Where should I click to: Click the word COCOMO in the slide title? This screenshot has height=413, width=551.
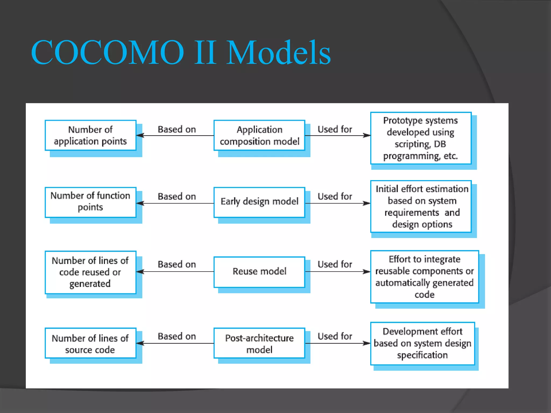[108, 52]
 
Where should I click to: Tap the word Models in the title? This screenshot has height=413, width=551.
[278, 52]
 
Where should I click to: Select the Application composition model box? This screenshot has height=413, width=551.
[259, 136]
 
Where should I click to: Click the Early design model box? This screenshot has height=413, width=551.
[259, 202]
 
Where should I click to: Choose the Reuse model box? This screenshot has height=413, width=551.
[259, 272]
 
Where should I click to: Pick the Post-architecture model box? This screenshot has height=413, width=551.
[259, 343]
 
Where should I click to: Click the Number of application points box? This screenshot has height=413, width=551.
[90, 136]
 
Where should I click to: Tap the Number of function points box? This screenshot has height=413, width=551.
[90, 202]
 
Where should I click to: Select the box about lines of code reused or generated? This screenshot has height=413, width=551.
[90, 272]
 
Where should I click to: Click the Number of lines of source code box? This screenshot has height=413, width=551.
[90, 343]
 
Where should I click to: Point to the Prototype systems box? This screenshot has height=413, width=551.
[421, 138]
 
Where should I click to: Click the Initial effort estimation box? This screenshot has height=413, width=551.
[421, 206]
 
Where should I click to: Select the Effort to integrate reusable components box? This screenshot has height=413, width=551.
[425, 277]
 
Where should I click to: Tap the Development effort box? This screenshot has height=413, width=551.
[422, 343]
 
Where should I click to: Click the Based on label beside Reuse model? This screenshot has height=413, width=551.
[177, 265]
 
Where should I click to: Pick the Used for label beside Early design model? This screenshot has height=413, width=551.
[335, 197]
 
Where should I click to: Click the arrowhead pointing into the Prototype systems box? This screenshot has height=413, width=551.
[367, 136]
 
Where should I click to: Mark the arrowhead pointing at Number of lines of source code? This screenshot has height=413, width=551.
[140, 343]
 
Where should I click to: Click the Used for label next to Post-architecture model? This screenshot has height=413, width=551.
[335, 336]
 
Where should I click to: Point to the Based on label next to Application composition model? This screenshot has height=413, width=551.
[177, 130]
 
